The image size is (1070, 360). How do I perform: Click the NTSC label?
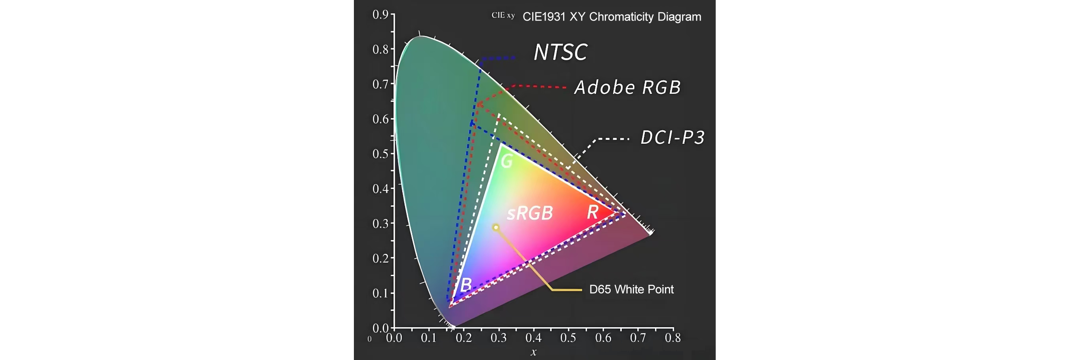click(x=560, y=52)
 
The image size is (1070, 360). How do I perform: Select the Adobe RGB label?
click(x=627, y=88)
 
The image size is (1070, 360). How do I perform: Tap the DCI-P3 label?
click(x=673, y=137)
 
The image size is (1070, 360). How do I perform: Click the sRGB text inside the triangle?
click(x=530, y=213)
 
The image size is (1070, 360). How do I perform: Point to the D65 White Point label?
click(x=631, y=290)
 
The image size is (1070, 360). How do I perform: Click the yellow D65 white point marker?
click(x=495, y=227)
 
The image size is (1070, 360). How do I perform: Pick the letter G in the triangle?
click(x=506, y=161)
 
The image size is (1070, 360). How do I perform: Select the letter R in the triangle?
click(x=592, y=212)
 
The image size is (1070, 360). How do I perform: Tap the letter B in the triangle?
click(x=466, y=285)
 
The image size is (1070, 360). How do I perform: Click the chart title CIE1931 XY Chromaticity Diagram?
click(x=611, y=17)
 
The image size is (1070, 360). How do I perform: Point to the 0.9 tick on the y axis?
click(x=380, y=15)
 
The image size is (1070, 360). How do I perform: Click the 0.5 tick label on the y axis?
click(x=380, y=154)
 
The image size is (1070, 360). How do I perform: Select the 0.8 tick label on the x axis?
click(x=673, y=338)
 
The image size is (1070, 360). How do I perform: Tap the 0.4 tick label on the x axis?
click(x=533, y=338)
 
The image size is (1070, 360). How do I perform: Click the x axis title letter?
click(x=533, y=352)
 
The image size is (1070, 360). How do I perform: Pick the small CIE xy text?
click(x=503, y=15)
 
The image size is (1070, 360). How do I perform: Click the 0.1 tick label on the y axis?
click(x=380, y=293)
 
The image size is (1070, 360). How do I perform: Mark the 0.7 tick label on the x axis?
click(x=638, y=338)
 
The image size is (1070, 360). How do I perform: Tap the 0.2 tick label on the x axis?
click(x=464, y=338)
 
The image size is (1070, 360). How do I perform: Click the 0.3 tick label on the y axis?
click(x=380, y=224)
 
